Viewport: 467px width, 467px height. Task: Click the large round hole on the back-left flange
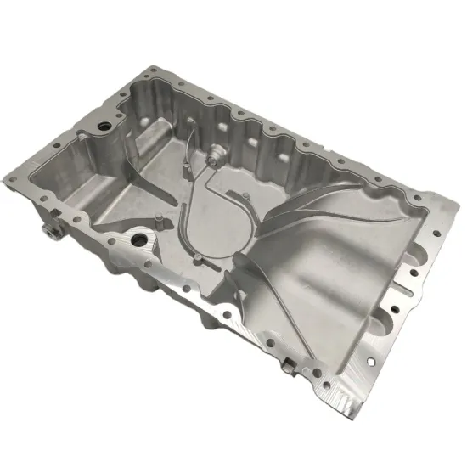click(104, 126)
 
